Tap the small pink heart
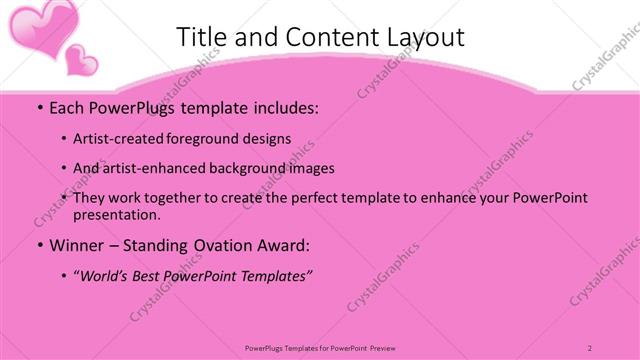[80, 60]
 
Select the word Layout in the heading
[418, 38]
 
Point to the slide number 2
[590, 347]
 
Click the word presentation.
[117, 214]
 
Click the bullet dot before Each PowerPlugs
[38, 107]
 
